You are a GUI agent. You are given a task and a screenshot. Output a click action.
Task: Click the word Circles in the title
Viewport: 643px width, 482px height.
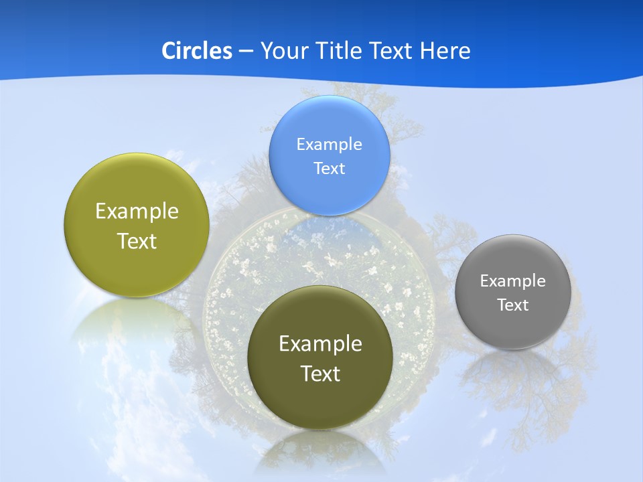(196, 51)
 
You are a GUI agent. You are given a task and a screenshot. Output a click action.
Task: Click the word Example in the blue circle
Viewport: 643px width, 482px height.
(329, 145)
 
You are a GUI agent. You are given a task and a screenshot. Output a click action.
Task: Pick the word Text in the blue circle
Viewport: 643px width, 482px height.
(329, 169)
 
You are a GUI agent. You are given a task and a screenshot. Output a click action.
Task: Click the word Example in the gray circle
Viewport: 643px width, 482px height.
(513, 281)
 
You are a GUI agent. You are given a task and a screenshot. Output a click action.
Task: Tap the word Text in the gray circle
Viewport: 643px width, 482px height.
(513, 305)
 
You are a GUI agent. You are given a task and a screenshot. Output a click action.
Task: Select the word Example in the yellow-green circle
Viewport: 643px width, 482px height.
(137, 212)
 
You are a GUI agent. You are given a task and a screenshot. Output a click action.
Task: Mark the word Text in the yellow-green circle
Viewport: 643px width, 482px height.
(137, 242)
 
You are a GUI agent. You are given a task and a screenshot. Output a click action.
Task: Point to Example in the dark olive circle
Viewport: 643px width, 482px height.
(320, 344)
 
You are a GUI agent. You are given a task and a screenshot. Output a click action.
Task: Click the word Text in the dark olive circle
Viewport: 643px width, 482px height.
(320, 374)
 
